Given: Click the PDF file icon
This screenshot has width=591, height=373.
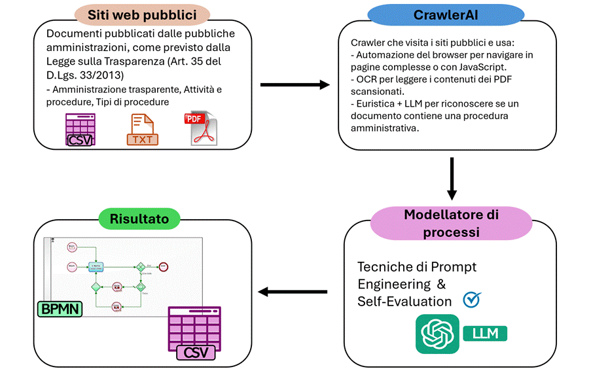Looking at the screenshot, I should pyautogui.click(x=202, y=128).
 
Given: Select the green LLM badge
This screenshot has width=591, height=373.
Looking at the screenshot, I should pyautogui.click(x=485, y=333).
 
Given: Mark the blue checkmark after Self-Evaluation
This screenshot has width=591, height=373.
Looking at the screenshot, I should pyautogui.click(x=471, y=299).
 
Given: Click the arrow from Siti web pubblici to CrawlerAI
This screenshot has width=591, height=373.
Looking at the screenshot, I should pyautogui.click(x=295, y=84).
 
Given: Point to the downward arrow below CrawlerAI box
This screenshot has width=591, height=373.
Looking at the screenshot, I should pyautogui.click(x=452, y=177).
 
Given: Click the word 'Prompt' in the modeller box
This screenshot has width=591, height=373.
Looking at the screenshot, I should pyautogui.click(x=454, y=267).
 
